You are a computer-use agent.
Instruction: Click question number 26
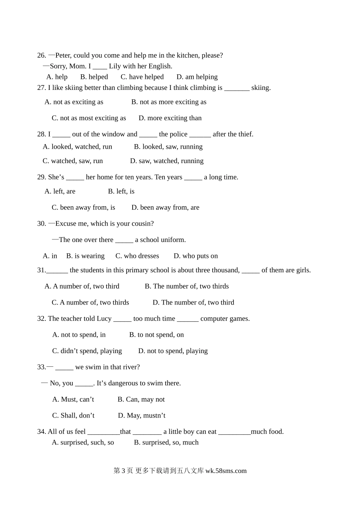[42, 55]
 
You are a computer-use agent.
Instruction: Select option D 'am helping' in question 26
[197, 77]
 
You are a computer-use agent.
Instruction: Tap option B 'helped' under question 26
[94, 77]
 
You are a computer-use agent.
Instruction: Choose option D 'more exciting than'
[170, 118]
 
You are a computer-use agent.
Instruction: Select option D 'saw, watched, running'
[167, 161]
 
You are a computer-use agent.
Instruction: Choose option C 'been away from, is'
[83, 207]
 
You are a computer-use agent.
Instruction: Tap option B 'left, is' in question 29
[121, 191]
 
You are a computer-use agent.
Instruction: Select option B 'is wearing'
[85, 256]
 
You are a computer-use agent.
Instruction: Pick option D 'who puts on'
[196, 256]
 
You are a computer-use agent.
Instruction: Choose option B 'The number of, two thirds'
[187, 286]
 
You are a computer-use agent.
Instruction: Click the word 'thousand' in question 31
[226, 270]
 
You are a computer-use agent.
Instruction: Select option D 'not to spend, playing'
[173, 351]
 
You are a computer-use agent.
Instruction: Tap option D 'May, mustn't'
[142, 416]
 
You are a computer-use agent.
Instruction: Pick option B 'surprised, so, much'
[166, 443]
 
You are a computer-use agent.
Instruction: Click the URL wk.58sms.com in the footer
[226, 471]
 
